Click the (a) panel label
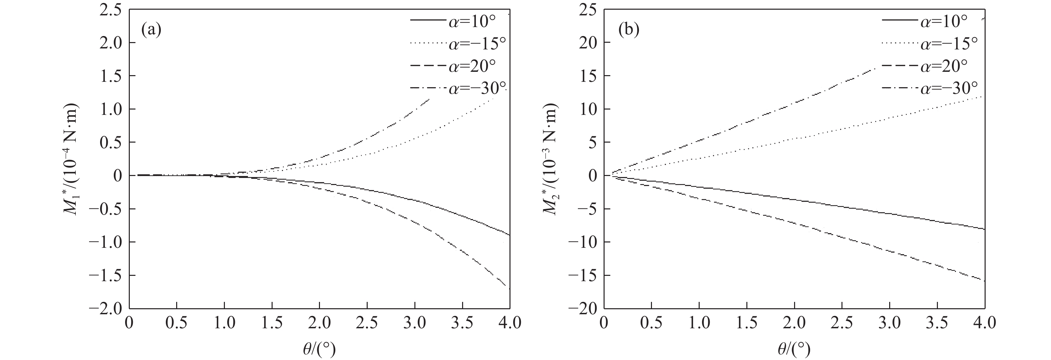pyautogui.click(x=151, y=30)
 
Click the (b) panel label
pyautogui.click(x=628, y=30)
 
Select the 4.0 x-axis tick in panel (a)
pyautogui.click(x=509, y=324)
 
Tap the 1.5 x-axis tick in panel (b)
pyautogui.click(x=746, y=324)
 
